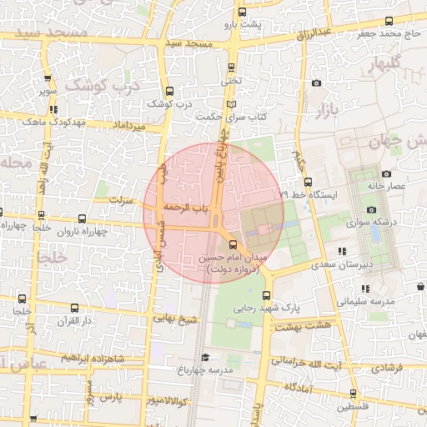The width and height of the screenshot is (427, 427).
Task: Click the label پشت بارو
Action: tap(247, 24)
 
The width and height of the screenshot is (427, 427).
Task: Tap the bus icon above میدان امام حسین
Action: tap(233, 244)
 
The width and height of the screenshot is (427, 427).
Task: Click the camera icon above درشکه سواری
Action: tap(371, 209)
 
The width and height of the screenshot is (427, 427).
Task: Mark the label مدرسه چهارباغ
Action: tap(203, 369)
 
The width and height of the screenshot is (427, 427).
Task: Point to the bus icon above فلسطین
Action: tap(353, 394)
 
